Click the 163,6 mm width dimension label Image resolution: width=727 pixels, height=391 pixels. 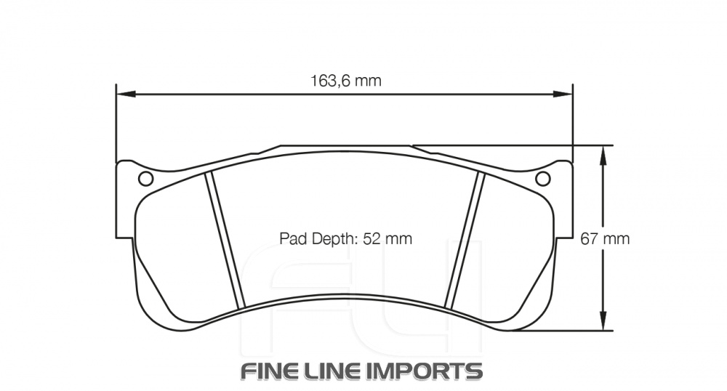pos(346,81)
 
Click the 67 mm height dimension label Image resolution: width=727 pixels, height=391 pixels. pos(605,238)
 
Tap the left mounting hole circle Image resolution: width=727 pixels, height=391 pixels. pos(145,178)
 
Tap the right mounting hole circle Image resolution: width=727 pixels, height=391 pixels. pos(542,178)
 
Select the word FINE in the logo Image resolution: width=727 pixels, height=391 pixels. pos(272,371)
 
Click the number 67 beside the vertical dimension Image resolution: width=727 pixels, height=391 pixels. pos(590,238)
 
